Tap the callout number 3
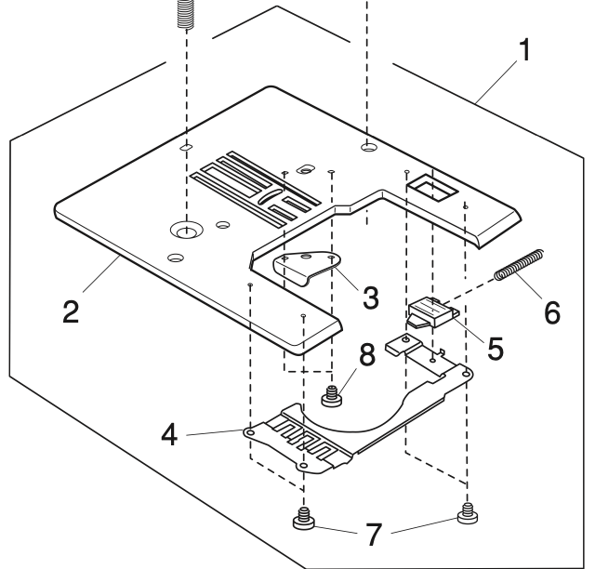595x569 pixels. (x=370, y=298)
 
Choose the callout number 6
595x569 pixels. (x=552, y=311)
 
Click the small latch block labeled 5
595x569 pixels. (x=430, y=311)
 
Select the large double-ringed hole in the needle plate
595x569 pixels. (x=185, y=229)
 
